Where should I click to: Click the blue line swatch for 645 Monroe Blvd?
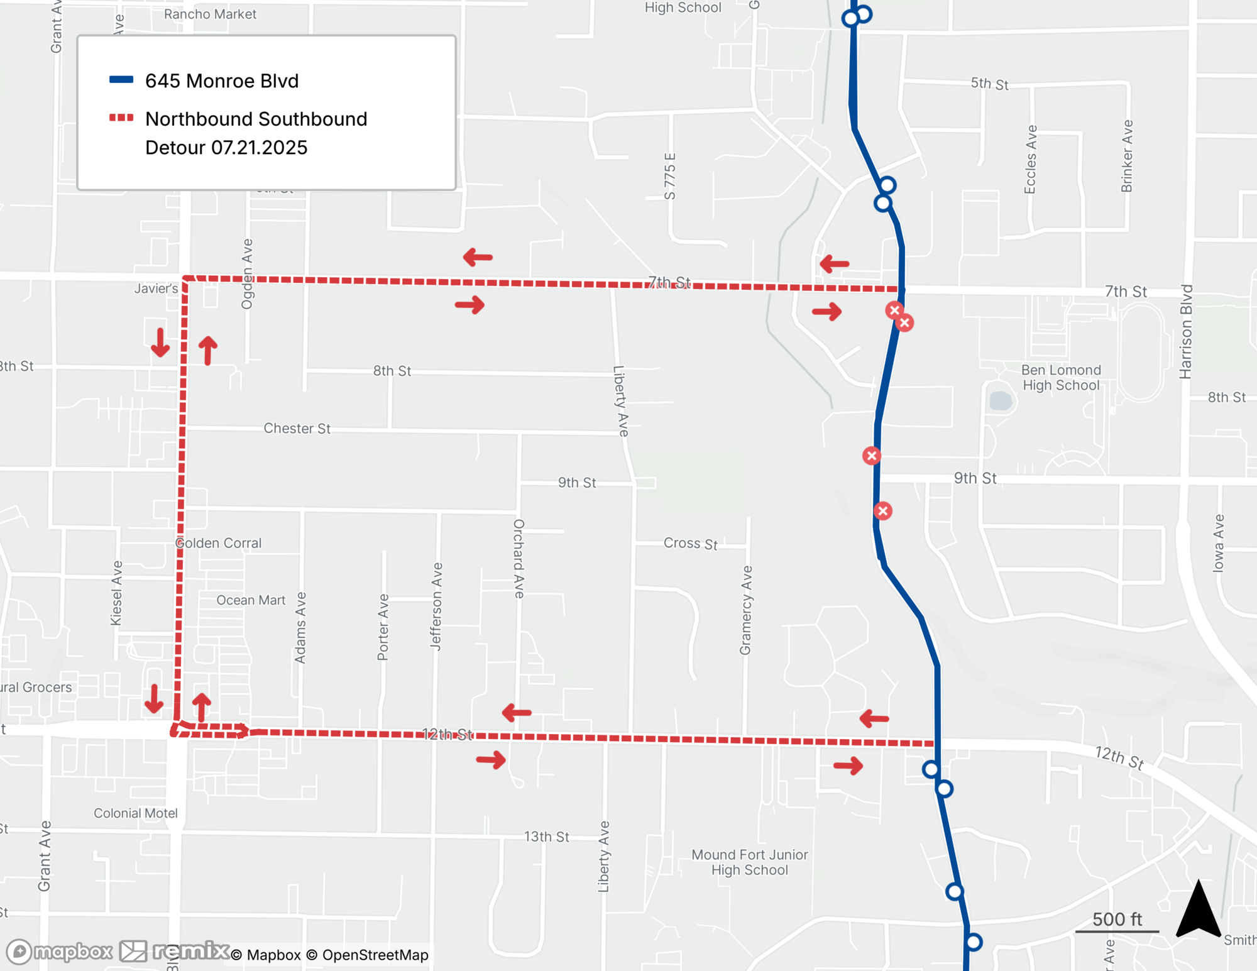tap(121, 80)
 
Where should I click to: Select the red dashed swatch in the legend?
tap(121, 118)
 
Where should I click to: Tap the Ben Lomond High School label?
tap(1061, 378)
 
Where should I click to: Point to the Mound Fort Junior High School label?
tap(749, 862)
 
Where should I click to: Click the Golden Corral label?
tap(218, 543)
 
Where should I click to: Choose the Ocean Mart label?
tap(251, 600)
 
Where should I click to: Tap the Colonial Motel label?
tap(136, 813)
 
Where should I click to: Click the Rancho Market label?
tap(210, 14)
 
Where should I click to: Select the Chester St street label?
tap(297, 429)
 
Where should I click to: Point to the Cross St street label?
tap(690, 544)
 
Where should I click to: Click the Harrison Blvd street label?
tap(1185, 332)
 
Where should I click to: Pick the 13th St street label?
tap(547, 837)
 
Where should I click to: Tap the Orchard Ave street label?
tap(519, 559)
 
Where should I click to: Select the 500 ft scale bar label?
tap(1117, 919)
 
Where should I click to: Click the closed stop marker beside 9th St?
tap(871, 456)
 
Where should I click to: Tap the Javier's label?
tap(156, 288)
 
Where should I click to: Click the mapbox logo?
tap(60, 952)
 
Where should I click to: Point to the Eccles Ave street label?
tap(1030, 160)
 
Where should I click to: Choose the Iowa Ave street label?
tap(1219, 544)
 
